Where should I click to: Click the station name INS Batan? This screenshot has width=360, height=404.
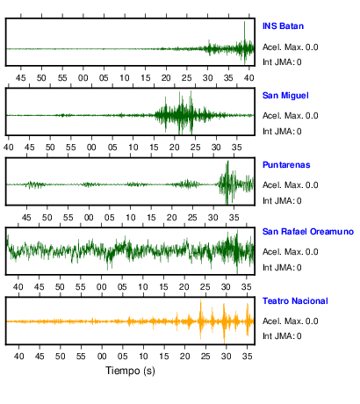[x=283, y=26]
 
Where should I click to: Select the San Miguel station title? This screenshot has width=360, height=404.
[x=285, y=96]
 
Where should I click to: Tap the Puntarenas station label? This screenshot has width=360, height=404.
[x=286, y=165]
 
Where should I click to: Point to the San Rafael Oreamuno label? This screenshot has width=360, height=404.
[x=308, y=232]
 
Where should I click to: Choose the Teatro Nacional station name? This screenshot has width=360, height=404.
[x=295, y=301]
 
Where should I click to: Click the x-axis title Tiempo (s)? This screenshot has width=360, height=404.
[x=130, y=371]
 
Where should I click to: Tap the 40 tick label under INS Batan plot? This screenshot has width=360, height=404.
[x=249, y=78]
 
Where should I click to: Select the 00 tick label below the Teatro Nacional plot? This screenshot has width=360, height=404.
[x=102, y=357]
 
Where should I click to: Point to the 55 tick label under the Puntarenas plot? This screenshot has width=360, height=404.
[x=68, y=218]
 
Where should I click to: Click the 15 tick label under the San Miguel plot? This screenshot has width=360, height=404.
[x=154, y=147]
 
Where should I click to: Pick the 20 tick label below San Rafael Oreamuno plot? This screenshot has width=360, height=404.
[x=184, y=287]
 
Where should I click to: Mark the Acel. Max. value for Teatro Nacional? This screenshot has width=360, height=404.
[x=312, y=321]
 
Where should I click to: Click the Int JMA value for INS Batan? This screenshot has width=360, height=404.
[x=299, y=62]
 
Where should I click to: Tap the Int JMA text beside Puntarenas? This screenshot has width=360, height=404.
[x=282, y=201]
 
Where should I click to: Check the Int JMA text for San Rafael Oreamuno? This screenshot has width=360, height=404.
[x=282, y=268]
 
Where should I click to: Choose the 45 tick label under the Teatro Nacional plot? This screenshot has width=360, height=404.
[x=40, y=357]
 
